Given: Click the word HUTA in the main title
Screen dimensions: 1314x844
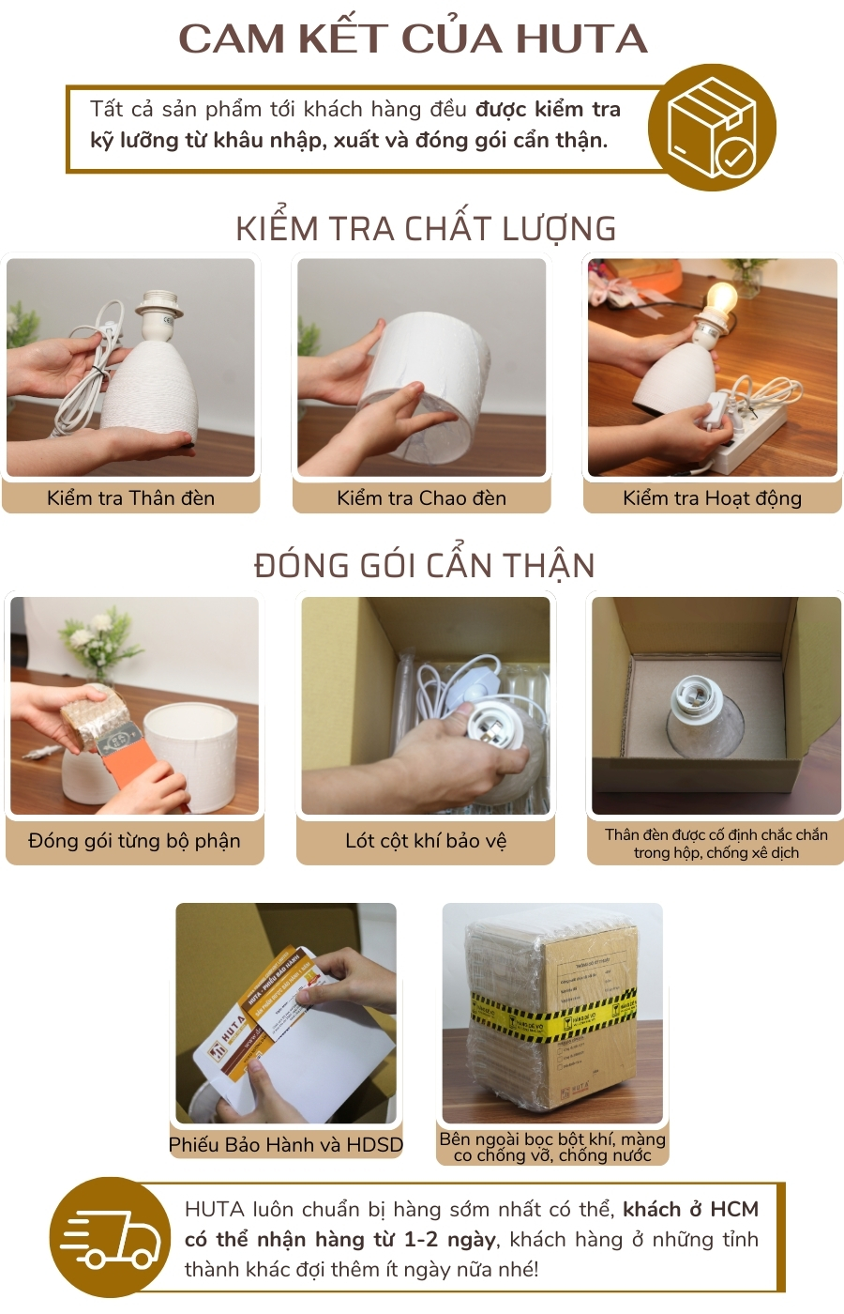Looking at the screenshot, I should (581, 38).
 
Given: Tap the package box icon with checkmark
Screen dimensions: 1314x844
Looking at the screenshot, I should (712, 128).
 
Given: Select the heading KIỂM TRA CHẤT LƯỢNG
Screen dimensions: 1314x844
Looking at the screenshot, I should (426, 229).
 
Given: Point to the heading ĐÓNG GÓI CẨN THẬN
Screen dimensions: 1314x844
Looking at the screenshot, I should (424, 566).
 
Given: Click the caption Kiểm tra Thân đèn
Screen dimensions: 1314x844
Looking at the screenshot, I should (130, 498).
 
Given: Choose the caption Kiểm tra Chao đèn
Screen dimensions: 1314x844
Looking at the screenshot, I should (421, 498).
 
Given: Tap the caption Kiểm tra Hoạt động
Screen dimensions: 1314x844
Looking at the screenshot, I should (712, 498).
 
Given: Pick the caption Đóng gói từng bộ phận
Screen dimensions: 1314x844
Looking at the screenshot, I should (134, 841).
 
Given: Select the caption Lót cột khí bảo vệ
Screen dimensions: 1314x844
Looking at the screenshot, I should (426, 841).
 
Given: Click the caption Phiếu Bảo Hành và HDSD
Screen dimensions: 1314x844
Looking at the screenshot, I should (286, 1145).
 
